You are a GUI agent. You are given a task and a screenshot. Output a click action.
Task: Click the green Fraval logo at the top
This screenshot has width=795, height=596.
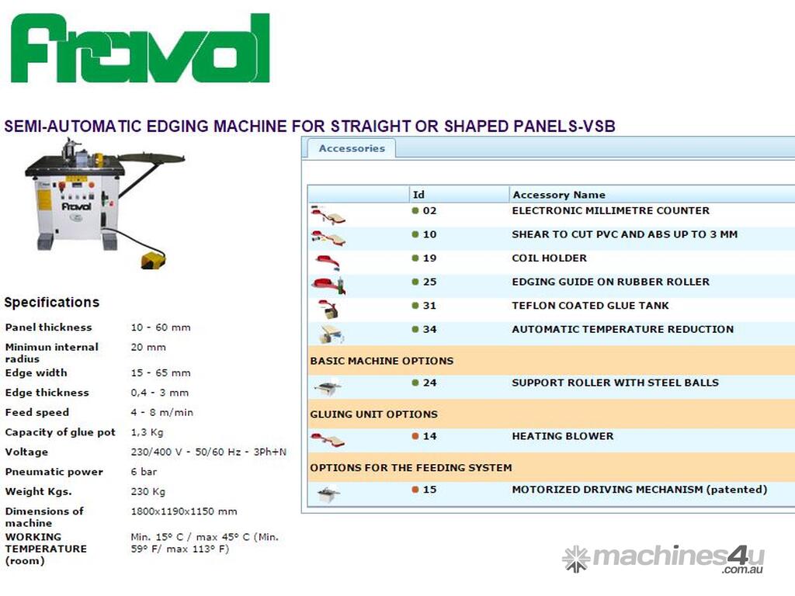click(141, 49)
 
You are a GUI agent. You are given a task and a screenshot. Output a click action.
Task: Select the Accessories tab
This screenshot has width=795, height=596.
click(352, 148)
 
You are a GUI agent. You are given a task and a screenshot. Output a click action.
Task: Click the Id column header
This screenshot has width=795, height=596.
click(418, 195)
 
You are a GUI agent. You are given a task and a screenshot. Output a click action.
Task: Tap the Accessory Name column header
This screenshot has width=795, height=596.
click(559, 195)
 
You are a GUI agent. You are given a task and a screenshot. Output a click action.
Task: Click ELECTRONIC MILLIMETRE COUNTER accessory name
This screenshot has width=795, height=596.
click(610, 211)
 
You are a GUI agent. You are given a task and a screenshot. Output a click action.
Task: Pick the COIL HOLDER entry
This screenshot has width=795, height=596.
click(549, 258)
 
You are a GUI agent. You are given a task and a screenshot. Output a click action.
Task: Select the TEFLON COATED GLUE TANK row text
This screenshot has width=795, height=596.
click(590, 306)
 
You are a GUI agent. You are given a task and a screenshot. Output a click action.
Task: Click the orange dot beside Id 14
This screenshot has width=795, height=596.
click(415, 436)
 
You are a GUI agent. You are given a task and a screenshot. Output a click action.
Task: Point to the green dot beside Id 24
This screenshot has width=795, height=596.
click(415, 383)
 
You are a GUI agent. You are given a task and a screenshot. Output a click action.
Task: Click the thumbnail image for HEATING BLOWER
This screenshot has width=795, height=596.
click(328, 440)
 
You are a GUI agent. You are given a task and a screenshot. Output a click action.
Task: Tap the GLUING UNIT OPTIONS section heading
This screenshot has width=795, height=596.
click(373, 414)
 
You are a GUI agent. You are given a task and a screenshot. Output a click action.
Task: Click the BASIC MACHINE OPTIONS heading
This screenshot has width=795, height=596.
click(382, 361)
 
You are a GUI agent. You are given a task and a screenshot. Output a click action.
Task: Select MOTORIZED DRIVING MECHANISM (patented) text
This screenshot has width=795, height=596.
click(640, 490)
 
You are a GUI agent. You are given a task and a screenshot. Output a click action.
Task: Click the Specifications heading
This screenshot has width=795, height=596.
click(52, 303)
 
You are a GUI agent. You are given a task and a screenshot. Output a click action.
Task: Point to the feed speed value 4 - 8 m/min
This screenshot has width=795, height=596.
click(161, 413)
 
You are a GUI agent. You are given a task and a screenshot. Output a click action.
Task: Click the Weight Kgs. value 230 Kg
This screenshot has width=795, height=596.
click(148, 491)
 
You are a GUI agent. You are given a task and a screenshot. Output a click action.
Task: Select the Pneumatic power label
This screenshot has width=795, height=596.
click(54, 472)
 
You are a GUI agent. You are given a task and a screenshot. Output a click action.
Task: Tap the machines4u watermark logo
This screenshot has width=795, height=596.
click(663, 559)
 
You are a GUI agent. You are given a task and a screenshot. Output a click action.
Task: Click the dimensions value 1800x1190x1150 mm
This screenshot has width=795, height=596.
click(183, 511)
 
